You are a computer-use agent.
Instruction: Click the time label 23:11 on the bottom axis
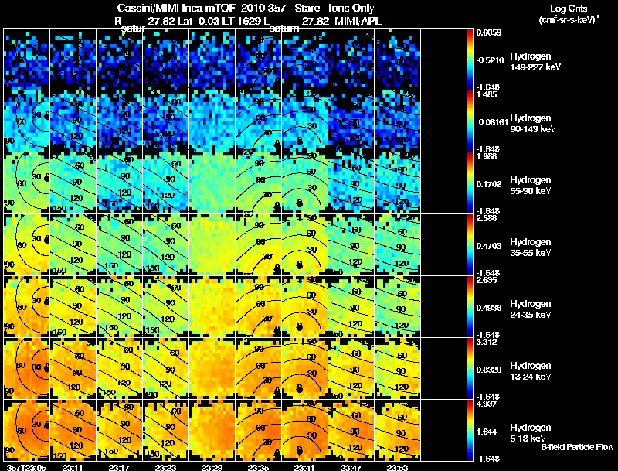pyautogui.click(x=73, y=467)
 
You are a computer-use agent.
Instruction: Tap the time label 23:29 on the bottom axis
pyautogui.click(x=212, y=467)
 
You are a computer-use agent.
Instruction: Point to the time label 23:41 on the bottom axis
pyautogui.click(x=305, y=467)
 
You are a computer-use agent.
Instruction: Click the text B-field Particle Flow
pyautogui.click(x=576, y=448)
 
